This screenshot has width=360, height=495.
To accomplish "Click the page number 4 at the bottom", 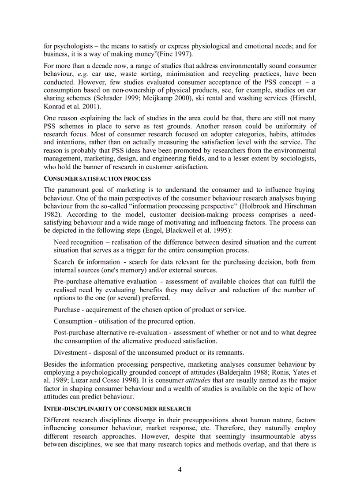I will coord(180,469).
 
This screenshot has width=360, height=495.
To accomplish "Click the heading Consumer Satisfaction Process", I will coord(97,179).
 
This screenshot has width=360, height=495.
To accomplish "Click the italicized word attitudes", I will coord(198,380).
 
